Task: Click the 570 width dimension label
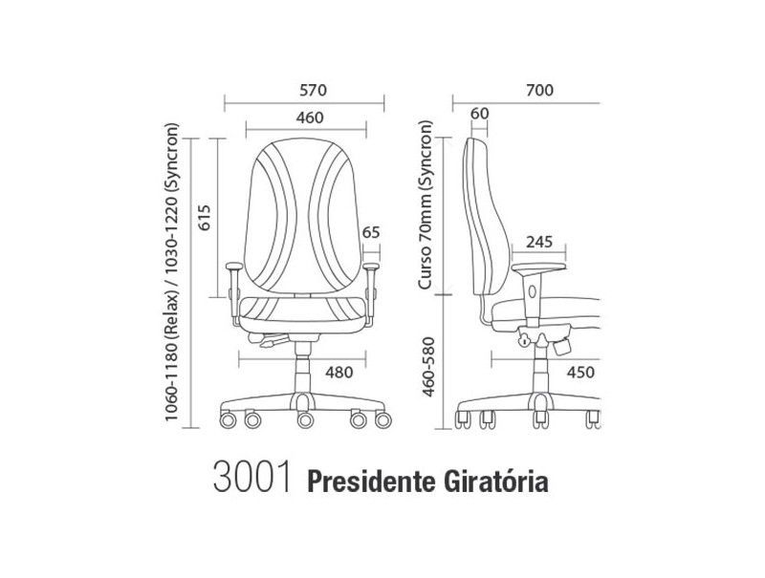click(x=314, y=90)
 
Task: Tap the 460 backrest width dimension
click(x=310, y=118)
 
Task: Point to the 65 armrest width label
click(x=371, y=232)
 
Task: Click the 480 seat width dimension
click(x=339, y=373)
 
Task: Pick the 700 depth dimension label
click(x=539, y=90)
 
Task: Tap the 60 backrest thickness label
click(x=479, y=114)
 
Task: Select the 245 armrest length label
click(x=538, y=242)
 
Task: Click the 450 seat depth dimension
click(x=580, y=373)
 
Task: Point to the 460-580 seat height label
click(x=427, y=366)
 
